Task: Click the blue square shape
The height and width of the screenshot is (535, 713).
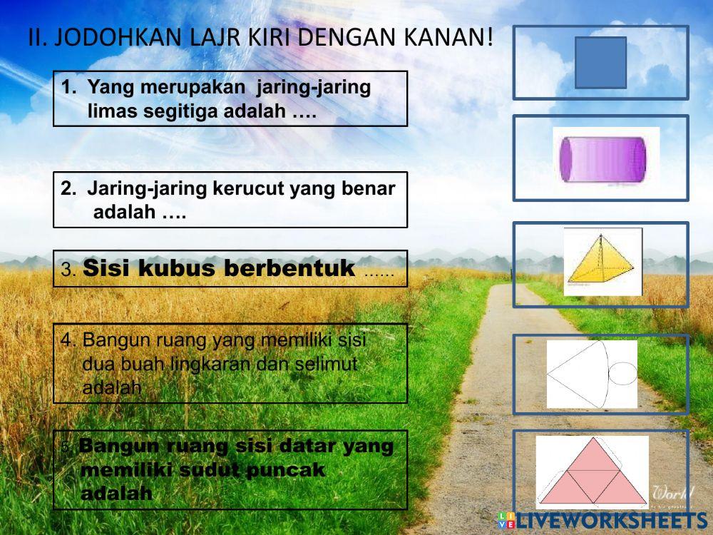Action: pyautogui.click(x=600, y=63)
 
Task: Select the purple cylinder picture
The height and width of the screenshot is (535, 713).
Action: pyautogui.click(x=605, y=158)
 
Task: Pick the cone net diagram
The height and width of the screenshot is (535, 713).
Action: pyautogui.click(x=592, y=373)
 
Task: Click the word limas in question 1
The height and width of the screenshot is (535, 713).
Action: pyautogui.click(x=111, y=111)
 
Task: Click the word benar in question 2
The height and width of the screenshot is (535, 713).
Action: pyautogui.click(x=371, y=189)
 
